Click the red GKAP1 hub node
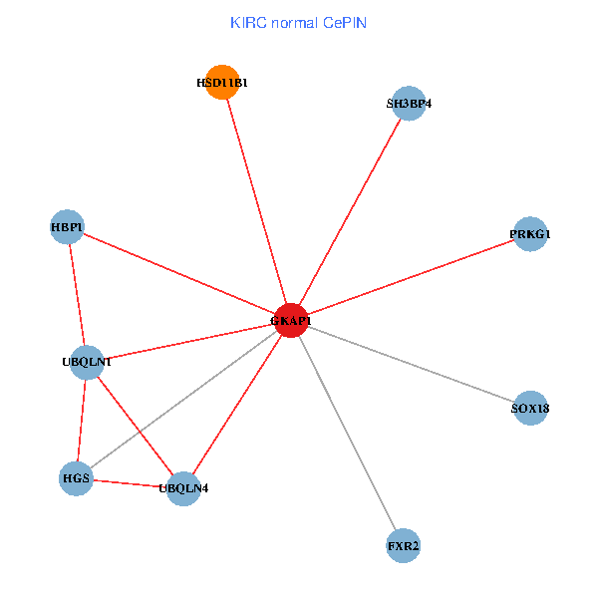coord(290,321)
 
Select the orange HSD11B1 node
coord(222,83)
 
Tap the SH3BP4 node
coord(409,104)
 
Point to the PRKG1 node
coord(529,234)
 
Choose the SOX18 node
coord(530,408)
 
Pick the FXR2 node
coord(403,546)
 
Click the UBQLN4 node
coord(183,488)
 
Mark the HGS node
coord(76,478)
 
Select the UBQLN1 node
coord(87,361)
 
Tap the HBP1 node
coord(67,227)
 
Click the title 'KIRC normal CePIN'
coord(298,22)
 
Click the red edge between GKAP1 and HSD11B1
coord(256,201)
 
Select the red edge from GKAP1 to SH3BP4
coord(349,212)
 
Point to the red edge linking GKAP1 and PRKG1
coord(410,277)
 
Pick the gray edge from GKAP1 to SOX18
coord(410,364)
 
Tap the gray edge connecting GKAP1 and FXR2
coord(346,434)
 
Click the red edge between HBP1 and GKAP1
coord(178,274)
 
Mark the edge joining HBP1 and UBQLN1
coord(77,294)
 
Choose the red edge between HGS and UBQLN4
coord(130,483)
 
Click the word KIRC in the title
coord(246,22)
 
